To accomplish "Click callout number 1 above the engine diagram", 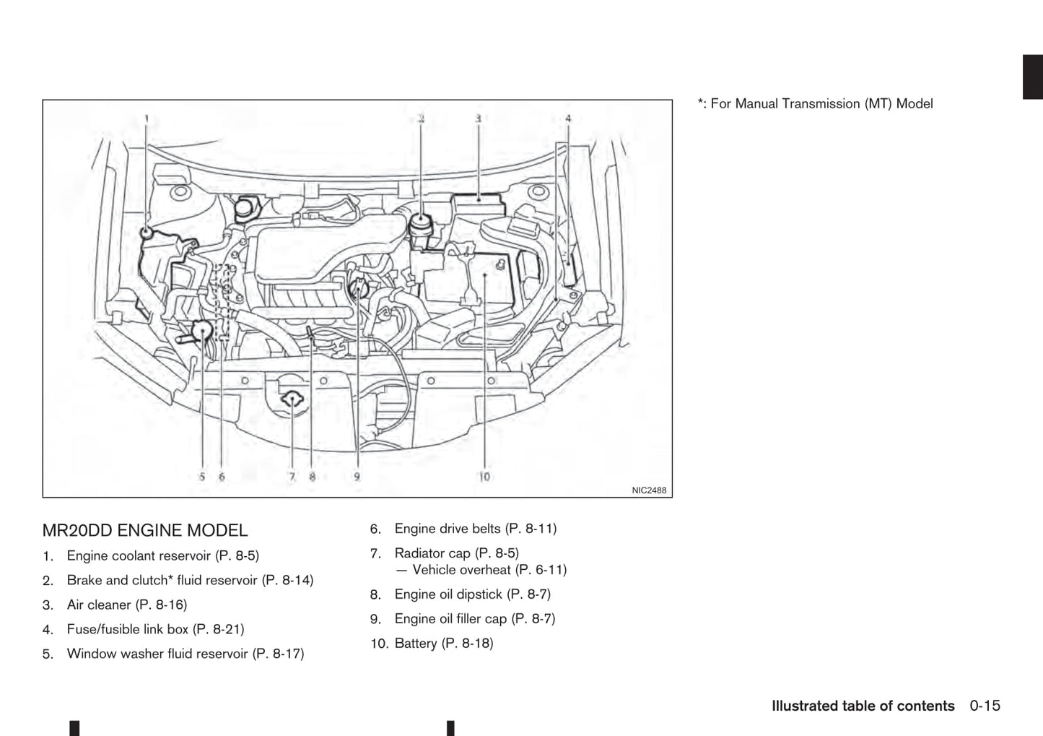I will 147,118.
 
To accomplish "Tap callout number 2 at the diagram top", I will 421,118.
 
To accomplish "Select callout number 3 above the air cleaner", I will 478,118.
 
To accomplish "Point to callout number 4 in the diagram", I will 568,118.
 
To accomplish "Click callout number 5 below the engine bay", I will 202,477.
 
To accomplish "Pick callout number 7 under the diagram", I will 292,477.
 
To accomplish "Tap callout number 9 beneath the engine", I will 357,477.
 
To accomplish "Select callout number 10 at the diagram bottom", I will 484,477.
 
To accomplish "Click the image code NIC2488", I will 649,490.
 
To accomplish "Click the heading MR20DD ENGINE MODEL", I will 145,531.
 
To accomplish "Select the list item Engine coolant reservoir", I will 162,556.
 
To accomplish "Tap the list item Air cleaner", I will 126,605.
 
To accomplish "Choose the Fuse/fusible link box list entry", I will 155,630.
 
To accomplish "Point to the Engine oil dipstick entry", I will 472,594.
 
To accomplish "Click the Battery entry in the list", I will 443,644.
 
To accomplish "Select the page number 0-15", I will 985,706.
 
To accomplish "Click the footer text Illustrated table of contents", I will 863,706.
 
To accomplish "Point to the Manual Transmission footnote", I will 815,104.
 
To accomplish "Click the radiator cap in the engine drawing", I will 292,398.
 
